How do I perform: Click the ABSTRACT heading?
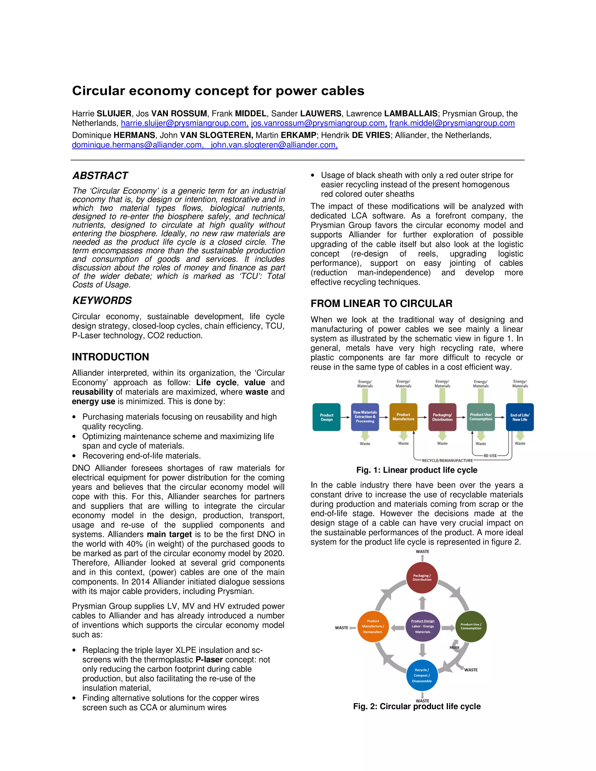pyautogui.click(x=100, y=175)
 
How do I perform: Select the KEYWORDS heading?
pyautogui.click(x=102, y=301)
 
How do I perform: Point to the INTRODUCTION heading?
pyautogui.click(x=110, y=357)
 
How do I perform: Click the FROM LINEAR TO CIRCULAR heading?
pyautogui.click(x=381, y=303)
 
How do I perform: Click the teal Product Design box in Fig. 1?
pyautogui.click(x=326, y=417)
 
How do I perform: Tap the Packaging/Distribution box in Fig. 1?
pyautogui.click(x=442, y=417)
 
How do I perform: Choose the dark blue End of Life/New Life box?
pyautogui.click(x=519, y=417)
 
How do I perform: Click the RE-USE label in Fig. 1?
pyautogui.click(x=490, y=456)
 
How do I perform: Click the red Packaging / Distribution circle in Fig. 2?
pyautogui.click(x=422, y=578)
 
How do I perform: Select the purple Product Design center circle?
pyautogui.click(x=423, y=627)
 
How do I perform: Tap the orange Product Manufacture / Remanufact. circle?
pyautogui.click(x=373, y=627)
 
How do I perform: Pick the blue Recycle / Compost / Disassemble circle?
pyautogui.click(x=422, y=675)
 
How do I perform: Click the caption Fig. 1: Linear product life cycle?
pyautogui.click(x=417, y=470)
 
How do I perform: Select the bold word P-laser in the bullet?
pyautogui.click(x=209, y=660)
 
